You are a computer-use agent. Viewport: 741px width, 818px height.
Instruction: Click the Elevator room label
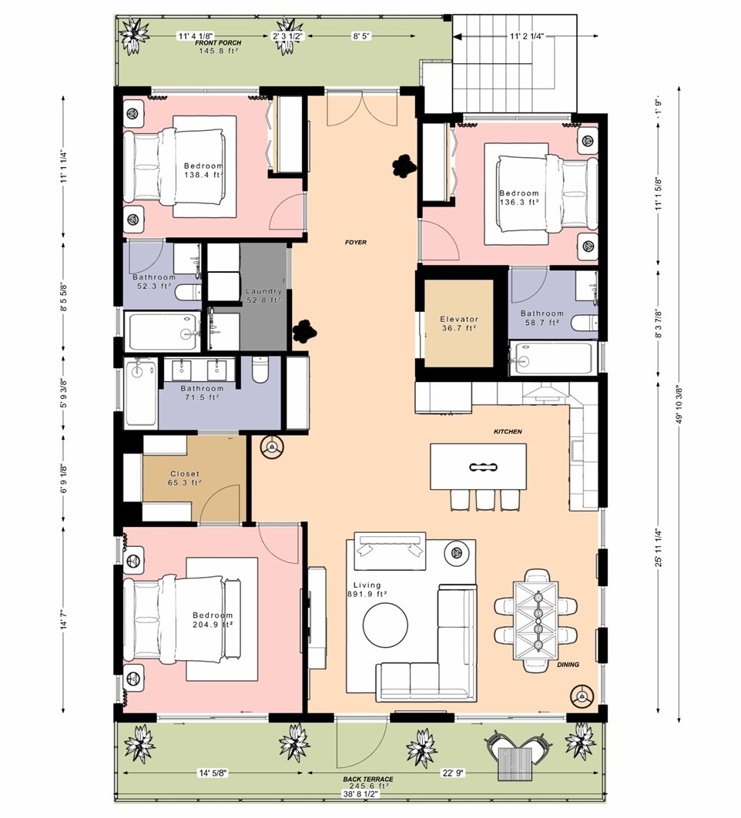click(x=458, y=324)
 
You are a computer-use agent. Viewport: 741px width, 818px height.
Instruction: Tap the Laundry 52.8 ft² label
click(x=263, y=296)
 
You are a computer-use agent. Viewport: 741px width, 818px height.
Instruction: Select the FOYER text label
click(x=356, y=242)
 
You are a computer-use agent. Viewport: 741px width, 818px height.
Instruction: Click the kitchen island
click(x=478, y=467)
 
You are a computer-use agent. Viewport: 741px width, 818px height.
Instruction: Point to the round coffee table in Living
click(x=386, y=625)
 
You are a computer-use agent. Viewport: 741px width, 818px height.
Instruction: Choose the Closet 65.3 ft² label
click(x=184, y=478)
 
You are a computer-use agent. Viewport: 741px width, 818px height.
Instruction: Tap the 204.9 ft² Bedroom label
click(x=213, y=620)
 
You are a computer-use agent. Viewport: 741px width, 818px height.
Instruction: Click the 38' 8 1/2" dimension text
click(x=360, y=794)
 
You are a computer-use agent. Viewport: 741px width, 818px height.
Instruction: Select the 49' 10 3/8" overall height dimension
click(x=679, y=404)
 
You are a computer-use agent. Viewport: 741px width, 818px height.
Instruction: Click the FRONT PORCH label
click(x=218, y=43)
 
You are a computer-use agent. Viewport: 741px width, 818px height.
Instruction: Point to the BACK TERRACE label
click(x=368, y=779)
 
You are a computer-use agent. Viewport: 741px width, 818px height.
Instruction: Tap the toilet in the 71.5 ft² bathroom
click(x=260, y=369)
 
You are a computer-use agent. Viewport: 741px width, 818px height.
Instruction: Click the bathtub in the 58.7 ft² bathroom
click(x=552, y=358)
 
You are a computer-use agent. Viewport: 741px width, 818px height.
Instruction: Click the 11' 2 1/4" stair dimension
click(x=527, y=36)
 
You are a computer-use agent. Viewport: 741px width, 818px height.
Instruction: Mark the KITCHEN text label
click(x=508, y=431)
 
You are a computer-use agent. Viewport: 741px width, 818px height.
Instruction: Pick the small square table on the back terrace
click(x=515, y=764)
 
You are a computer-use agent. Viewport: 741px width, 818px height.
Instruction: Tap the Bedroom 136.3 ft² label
click(x=518, y=198)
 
